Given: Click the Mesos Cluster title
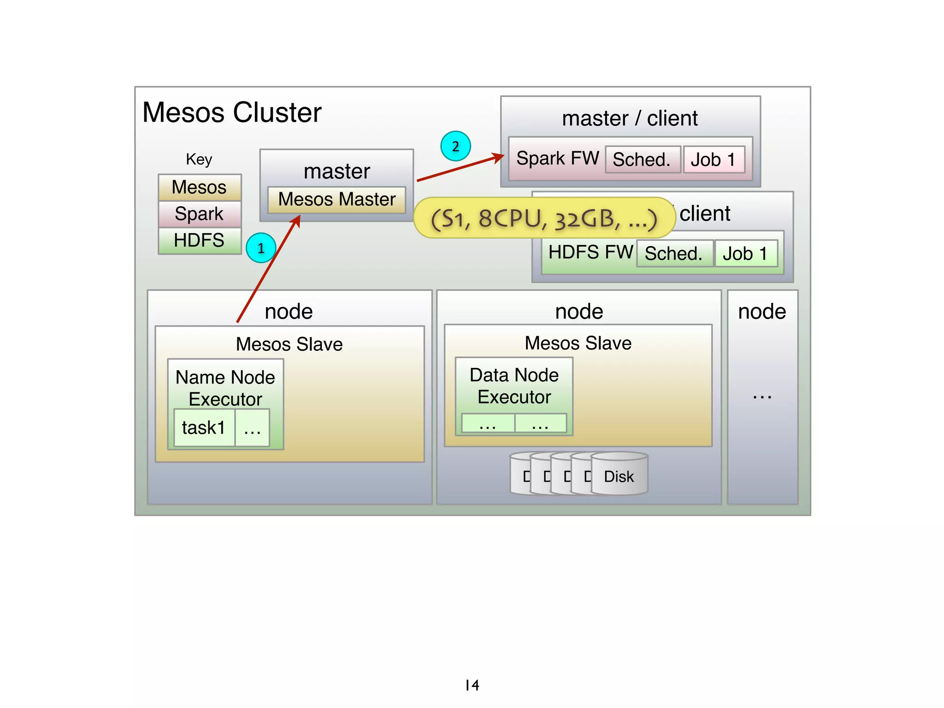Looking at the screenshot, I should (232, 112).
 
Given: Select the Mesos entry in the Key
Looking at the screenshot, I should (199, 188).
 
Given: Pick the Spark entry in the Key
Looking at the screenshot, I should (199, 214).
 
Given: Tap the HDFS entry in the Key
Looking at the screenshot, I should (199, 241).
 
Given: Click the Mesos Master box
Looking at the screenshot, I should (336, 200).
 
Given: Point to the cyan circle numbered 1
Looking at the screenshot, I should (261, 248).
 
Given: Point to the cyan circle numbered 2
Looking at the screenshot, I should (455, 146).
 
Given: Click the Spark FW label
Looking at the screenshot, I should (557, 158).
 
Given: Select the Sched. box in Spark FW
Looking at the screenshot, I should (642, 159).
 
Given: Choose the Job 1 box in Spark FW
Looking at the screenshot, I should (714, 159).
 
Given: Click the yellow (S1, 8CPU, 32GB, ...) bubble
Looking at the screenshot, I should (544, 218).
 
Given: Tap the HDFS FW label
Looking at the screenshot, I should (590, 252).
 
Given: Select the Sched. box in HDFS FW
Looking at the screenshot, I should (674, 254).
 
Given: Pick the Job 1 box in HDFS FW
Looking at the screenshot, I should (745, 254).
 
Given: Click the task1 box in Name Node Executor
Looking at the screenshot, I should (204, 428).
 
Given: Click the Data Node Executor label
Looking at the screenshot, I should (514, 386).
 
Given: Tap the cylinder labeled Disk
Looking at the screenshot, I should (619, 475).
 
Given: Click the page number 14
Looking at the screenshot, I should (472, 685).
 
